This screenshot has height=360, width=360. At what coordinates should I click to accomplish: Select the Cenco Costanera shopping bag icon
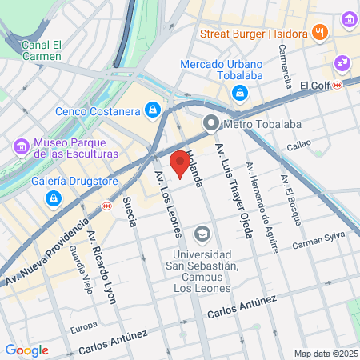tap(153, 110)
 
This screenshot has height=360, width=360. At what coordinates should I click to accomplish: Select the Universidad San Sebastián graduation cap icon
tap(202, 234)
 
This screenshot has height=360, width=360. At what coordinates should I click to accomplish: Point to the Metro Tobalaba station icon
tap(211, 122)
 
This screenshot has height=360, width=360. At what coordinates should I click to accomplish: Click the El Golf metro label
tap(315, 85)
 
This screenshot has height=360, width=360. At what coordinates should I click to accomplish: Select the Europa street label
tap(84, 326)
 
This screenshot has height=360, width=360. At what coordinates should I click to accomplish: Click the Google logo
tap(26, 350)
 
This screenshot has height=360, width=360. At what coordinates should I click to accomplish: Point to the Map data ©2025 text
tap(325, 354)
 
